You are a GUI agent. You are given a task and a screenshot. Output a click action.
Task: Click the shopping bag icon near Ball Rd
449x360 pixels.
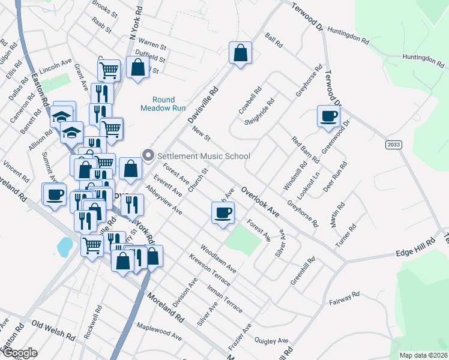(240, 53)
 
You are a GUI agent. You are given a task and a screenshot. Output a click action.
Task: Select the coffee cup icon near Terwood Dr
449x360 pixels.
(328, 116)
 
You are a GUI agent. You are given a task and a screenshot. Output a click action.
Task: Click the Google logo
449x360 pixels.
(19, 353)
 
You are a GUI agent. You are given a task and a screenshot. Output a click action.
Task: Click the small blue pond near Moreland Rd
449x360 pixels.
(64, 245)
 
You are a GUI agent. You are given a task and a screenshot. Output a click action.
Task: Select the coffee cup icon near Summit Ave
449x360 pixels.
(55, 194)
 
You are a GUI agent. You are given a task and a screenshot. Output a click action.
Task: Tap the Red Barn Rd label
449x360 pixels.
(305, 149)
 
